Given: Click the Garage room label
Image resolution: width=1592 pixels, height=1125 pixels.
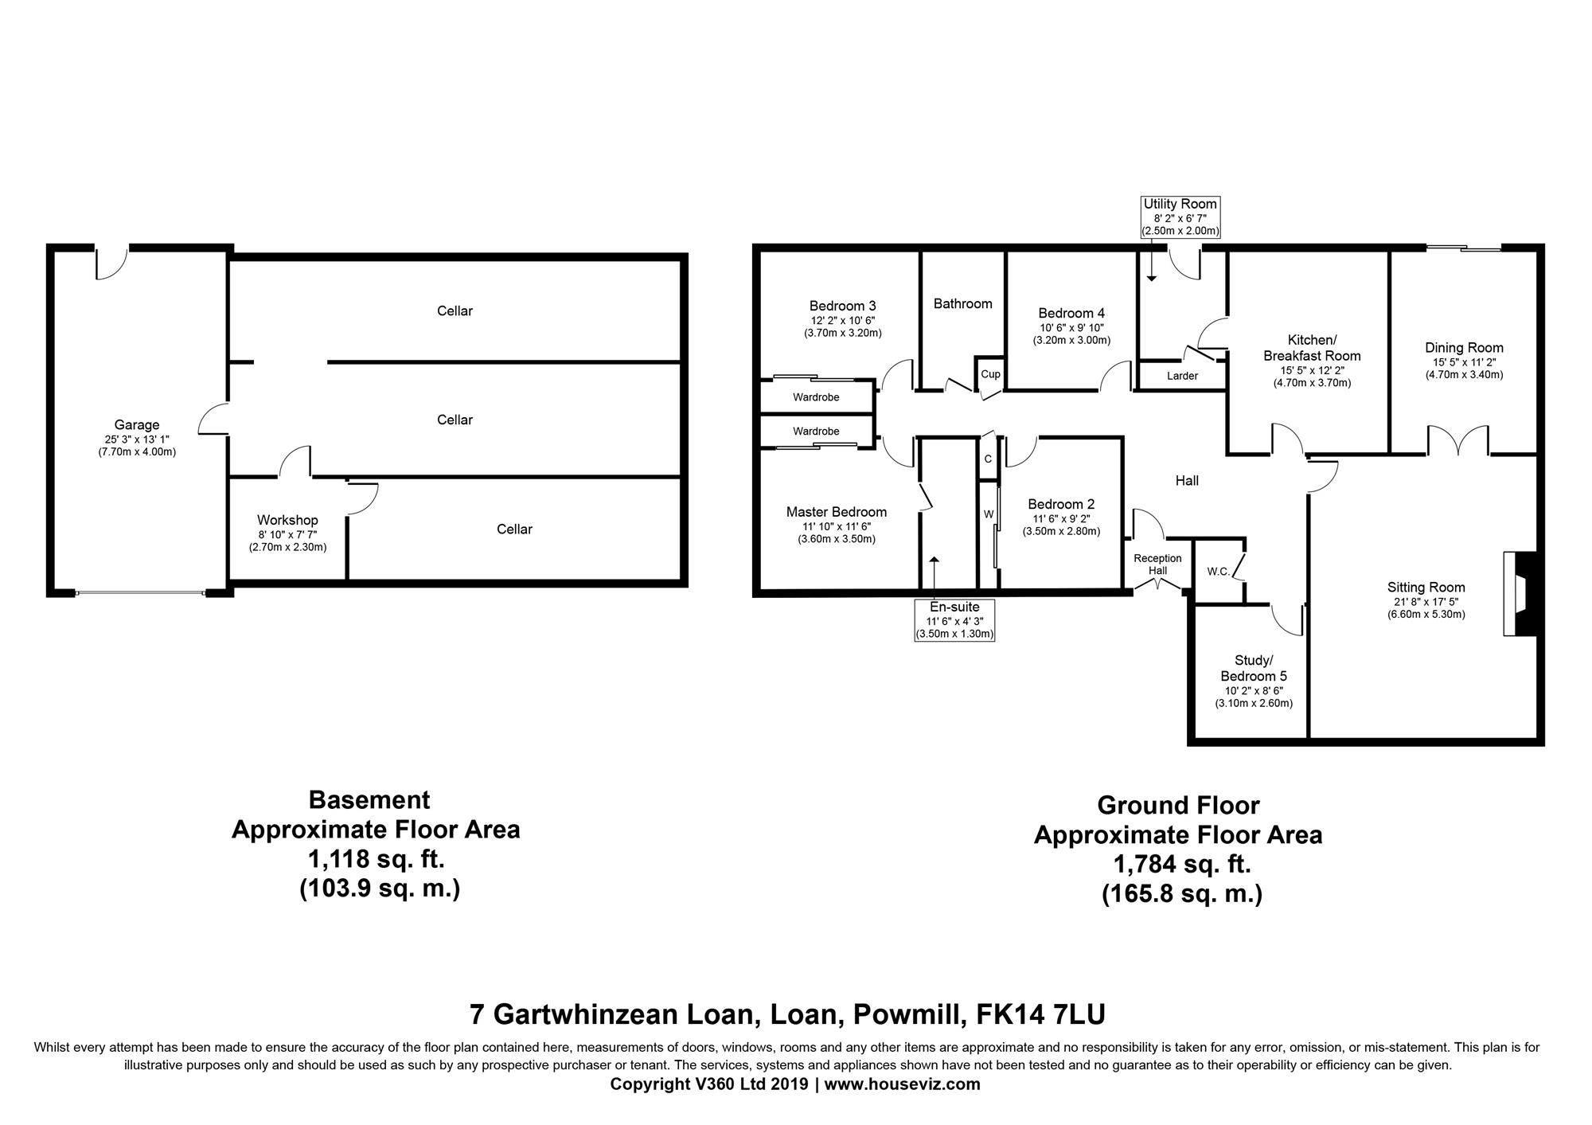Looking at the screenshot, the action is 136,425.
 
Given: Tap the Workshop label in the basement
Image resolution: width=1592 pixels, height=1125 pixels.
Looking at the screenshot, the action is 287,521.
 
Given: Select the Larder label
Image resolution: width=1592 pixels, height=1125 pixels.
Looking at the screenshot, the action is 1182,376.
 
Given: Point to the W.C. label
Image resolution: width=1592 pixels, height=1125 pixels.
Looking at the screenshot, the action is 1218,572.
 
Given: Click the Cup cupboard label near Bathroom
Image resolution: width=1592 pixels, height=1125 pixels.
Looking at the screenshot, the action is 990,374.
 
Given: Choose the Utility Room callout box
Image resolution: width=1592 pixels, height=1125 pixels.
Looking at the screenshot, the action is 1180,217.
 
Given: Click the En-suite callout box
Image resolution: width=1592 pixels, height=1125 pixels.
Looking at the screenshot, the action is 954,620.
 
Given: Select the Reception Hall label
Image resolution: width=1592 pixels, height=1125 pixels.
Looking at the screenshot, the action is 1157,564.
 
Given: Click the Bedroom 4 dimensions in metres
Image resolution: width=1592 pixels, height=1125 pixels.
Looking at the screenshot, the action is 1071,340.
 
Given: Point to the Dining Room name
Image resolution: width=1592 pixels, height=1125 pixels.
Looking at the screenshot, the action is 1464,348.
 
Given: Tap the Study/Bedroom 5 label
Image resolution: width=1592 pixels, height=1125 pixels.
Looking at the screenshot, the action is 1254,668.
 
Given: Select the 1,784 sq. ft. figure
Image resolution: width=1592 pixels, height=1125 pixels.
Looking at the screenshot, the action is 1182,865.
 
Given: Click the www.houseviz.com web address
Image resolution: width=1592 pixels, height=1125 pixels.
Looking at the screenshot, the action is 902,1084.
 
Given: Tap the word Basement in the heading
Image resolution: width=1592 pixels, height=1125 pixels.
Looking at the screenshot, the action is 369,799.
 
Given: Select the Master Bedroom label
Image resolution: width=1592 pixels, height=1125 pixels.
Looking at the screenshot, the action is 837,512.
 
